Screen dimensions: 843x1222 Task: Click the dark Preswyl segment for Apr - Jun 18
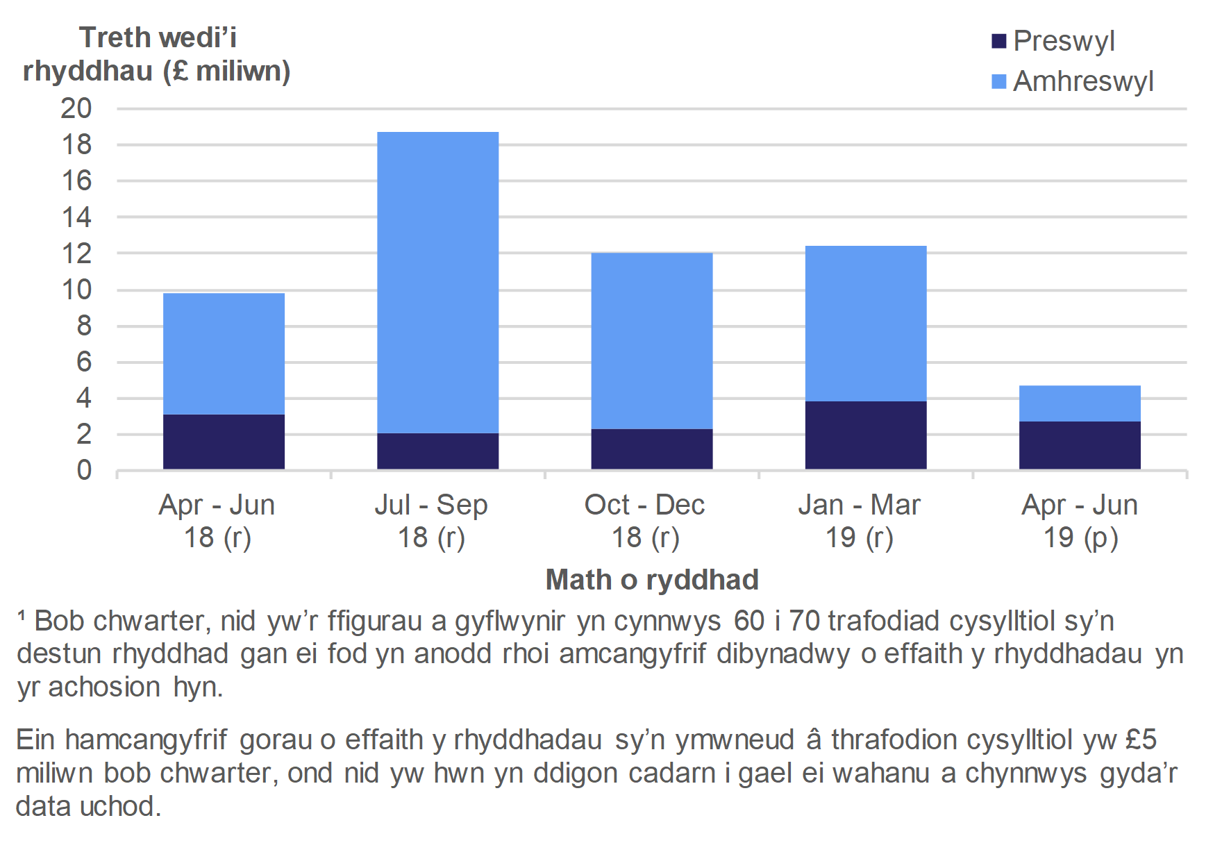tap(224, 442)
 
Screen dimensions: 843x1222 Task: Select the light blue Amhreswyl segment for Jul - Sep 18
tap(437, 282)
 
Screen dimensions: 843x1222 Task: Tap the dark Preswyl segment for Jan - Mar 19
tap(865, 435)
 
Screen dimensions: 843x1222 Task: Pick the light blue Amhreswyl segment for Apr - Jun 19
tap(1080, 403)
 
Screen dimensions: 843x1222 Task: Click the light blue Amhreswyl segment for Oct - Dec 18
tap(651, 340)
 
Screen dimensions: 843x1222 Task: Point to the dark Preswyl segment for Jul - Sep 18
tap(437, 451)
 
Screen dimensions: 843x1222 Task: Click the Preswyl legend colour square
tap(999, 41)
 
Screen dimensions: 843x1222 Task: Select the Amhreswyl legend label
tap(1083, 81)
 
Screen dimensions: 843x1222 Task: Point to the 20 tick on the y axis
tap(76, 108)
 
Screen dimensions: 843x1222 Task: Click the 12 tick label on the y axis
tap(76, 253)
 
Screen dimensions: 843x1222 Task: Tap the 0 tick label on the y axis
tap(84, 471)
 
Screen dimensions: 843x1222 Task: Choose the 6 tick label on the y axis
tap(84, 362)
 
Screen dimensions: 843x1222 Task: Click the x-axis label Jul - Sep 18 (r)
tap(431, 521)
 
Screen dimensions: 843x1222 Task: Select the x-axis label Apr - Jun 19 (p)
tap(1080, 521)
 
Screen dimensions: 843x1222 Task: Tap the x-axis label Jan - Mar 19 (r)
tap(860, 521)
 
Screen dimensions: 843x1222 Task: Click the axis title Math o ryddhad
tap(652, 580)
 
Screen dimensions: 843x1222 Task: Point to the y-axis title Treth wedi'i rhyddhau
tap(157, 54)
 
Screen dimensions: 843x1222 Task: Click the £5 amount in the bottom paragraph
tap(1141, 740)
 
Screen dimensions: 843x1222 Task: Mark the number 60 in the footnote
tap(749, 621)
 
